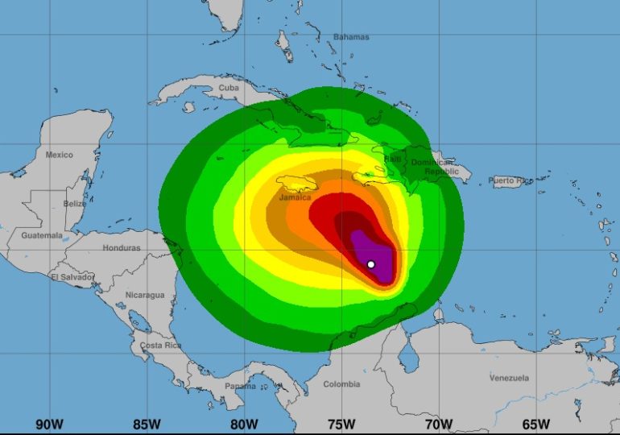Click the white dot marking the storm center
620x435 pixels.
point(370,264)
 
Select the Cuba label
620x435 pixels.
point(229,88)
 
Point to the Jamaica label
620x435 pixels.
point(295,197)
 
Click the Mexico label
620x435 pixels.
point(59,155)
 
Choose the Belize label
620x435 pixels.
point(74,204)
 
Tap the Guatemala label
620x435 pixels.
point(42,235)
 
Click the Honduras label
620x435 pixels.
point(122,248)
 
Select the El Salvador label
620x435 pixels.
point(72,276)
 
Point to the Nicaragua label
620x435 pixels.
point(145,296)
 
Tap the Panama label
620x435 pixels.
point(240,386)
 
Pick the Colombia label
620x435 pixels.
point(341,384)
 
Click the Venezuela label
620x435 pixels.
point(509,378)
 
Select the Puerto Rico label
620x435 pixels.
point(510,180)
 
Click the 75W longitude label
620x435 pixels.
point(341,424)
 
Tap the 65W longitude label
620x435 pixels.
point(536,424)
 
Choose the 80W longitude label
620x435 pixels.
point(243,424)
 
